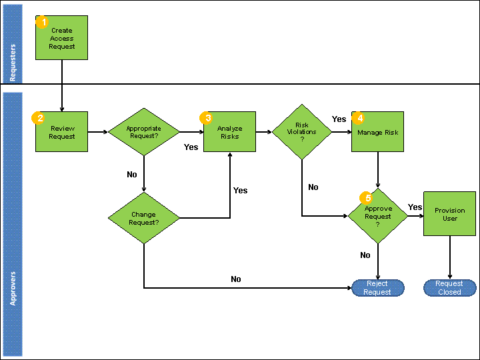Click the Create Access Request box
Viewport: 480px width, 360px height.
(x=61, y=38)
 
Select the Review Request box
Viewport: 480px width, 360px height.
(x=61, y=132)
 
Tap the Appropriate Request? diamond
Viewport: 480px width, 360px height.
(x=144, y=131)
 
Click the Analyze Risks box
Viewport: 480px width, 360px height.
(x=229, y=132)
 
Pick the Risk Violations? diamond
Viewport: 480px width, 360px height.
(x=302, y=131)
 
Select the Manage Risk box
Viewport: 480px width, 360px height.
(x=377, y=132)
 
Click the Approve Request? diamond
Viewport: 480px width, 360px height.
(x=378, y=216)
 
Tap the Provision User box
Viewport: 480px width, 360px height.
(x=450, y=214)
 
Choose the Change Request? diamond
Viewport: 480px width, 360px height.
(x=144, y=219)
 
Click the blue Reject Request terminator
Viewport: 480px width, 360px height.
(x=378, y=288)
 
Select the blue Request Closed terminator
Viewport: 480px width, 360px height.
(x=450, y=288)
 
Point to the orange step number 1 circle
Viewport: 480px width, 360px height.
(x=43, y=23)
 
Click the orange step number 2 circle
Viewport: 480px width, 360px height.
(x=39, y=118)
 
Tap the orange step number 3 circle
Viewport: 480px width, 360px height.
(x=207, y=118)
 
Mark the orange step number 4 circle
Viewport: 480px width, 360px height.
(x=359, y=118)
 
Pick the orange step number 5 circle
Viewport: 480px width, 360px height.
(x=367, y=198)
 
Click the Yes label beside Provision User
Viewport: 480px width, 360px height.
(x=415, y=207)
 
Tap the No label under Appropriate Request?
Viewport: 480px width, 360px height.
(x=132, y=175)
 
